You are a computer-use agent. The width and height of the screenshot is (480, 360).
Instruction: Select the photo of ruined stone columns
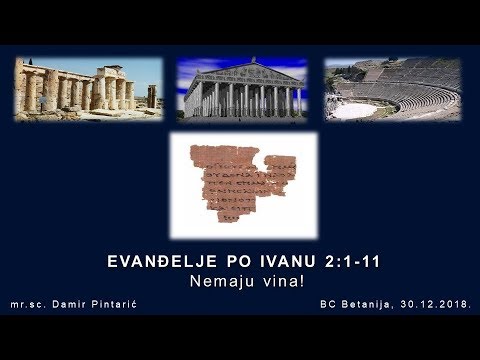click(x=88, y=90)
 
